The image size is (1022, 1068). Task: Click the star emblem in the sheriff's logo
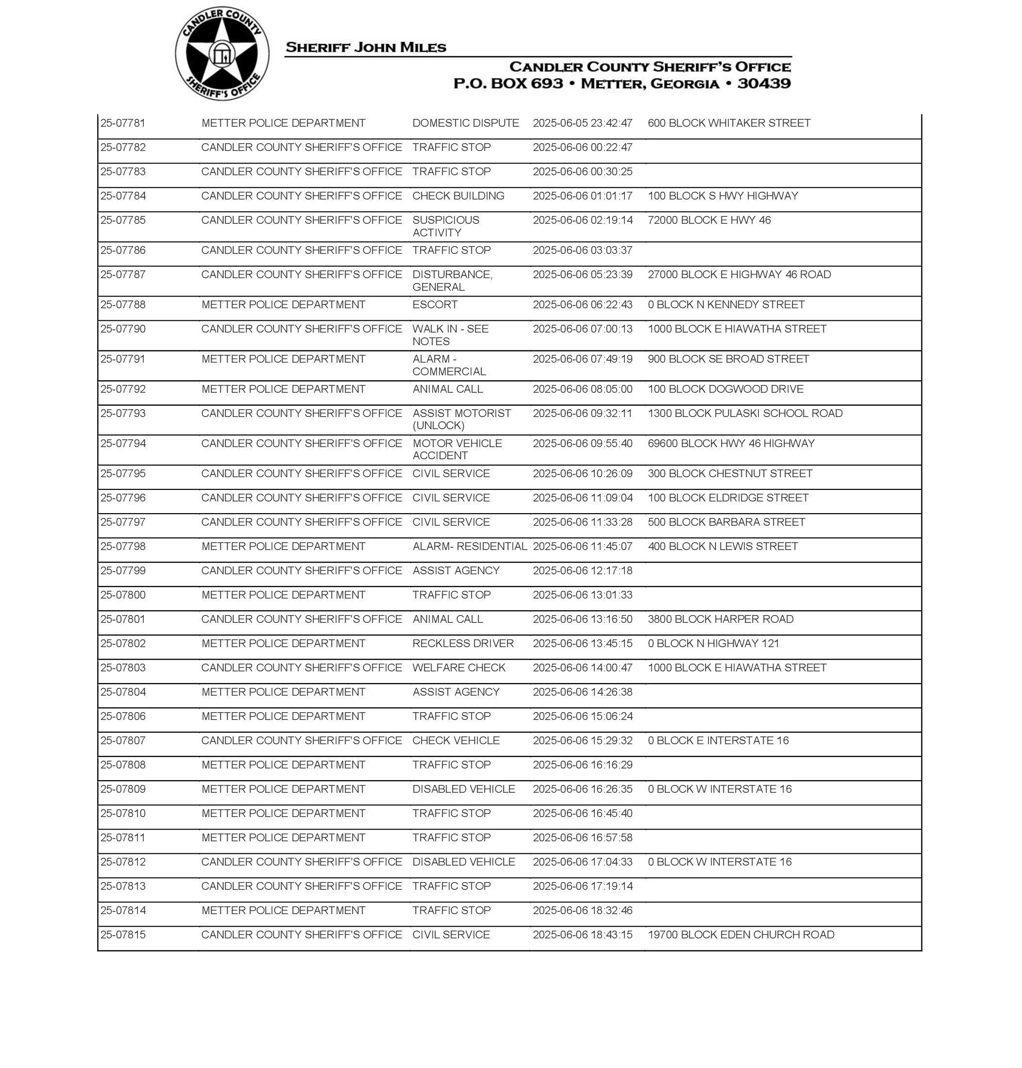(x=222, y=53)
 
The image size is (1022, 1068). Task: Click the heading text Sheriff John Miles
(x=366, y=48)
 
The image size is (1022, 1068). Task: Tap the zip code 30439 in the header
(x=764, y=83)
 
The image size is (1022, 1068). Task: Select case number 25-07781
(x=123, y=123)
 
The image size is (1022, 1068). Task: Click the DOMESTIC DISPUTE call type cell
(x=465, y=123)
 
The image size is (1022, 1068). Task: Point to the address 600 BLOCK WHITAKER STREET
(x=729, y=123)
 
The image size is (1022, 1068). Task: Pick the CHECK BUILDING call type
(x=458, y=196)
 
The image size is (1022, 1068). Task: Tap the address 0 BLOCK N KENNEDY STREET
(x=726, y=304)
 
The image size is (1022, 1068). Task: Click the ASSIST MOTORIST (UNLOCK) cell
(x=461, y=419)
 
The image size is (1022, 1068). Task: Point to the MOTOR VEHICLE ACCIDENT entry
(x=457, y=450)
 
